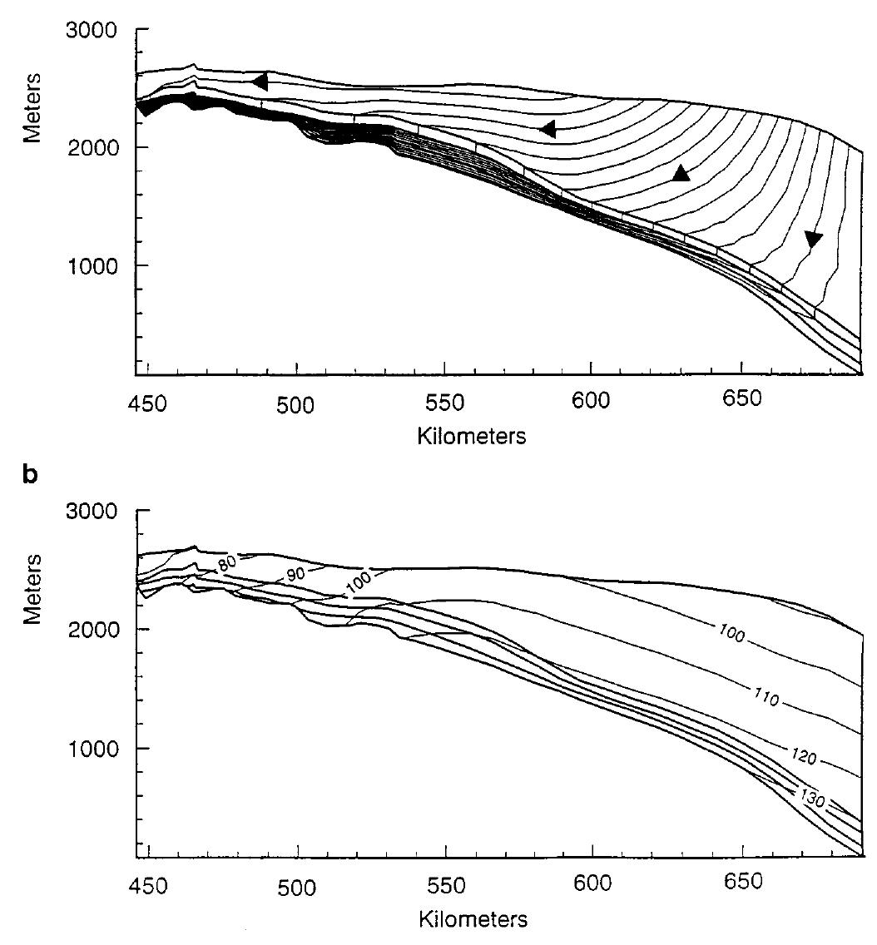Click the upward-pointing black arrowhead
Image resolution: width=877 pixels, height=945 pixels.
tap(681, 173)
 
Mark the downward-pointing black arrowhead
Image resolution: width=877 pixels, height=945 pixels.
tap(813, 240)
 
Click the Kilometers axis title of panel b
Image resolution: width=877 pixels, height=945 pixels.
tap(472, 920)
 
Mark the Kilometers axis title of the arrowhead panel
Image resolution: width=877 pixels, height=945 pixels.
tap(472, 436)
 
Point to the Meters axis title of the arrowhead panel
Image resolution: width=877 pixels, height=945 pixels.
tap(32, 108)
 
